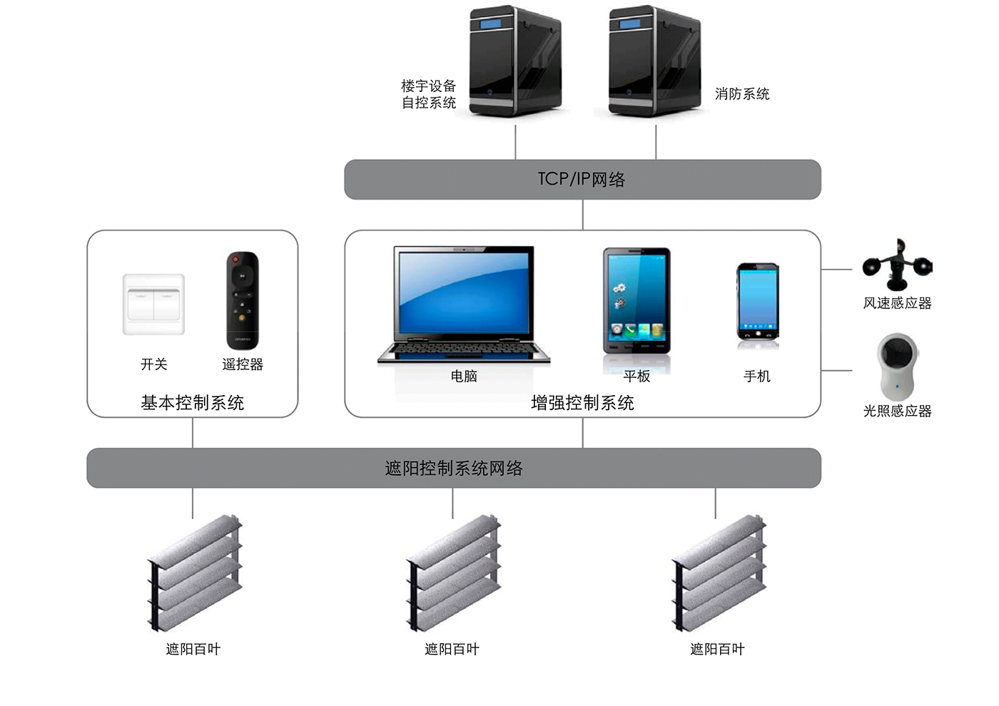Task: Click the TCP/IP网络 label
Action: (582, 179)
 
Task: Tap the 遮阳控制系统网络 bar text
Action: (454, 469)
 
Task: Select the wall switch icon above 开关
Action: (153, 304)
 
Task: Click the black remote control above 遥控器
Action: (243, 300)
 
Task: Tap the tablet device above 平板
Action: (637, 301)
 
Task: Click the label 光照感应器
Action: (898, 411)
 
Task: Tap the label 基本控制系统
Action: (193, 403)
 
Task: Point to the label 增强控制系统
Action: (582, 403)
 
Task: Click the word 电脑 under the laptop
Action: (464, 376)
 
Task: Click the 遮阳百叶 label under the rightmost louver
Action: (717, 649)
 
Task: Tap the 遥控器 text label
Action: (243, 364)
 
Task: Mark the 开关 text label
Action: (154, 364)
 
